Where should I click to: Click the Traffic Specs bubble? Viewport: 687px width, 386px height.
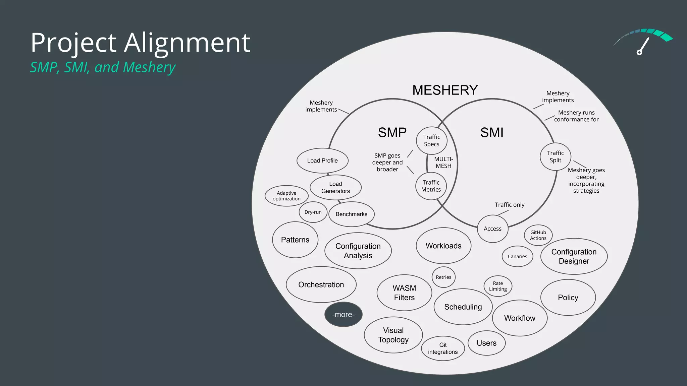[432, 140]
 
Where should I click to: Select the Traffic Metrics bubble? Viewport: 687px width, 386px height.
[431, 186]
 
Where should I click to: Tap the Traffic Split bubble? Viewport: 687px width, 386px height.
[556, 156]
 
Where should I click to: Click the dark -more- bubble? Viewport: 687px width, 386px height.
[343, 315]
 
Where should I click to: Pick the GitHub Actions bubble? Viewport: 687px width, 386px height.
[538, 235]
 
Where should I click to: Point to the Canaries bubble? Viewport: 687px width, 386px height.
[517, 256]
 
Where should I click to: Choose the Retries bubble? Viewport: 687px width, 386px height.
[443, 277]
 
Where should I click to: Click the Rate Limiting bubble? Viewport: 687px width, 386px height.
[498, 286]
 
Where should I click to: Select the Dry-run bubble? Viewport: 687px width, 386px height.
[313, 212]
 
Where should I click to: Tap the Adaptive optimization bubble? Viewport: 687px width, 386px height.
[286, 196]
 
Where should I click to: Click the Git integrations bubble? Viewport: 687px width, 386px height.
[443, 348]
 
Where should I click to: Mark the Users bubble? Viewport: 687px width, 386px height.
[486, 343]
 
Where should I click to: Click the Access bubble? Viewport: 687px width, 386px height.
[492, 229]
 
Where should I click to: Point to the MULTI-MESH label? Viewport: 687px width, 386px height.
[443, 163]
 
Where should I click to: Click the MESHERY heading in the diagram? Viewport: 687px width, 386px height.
[445, 90]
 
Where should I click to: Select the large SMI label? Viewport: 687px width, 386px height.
[492, 133]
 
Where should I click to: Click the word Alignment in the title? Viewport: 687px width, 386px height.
[187, 43]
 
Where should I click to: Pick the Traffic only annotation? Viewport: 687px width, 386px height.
[509, 205]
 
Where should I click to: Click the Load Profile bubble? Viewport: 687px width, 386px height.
[322, 160]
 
